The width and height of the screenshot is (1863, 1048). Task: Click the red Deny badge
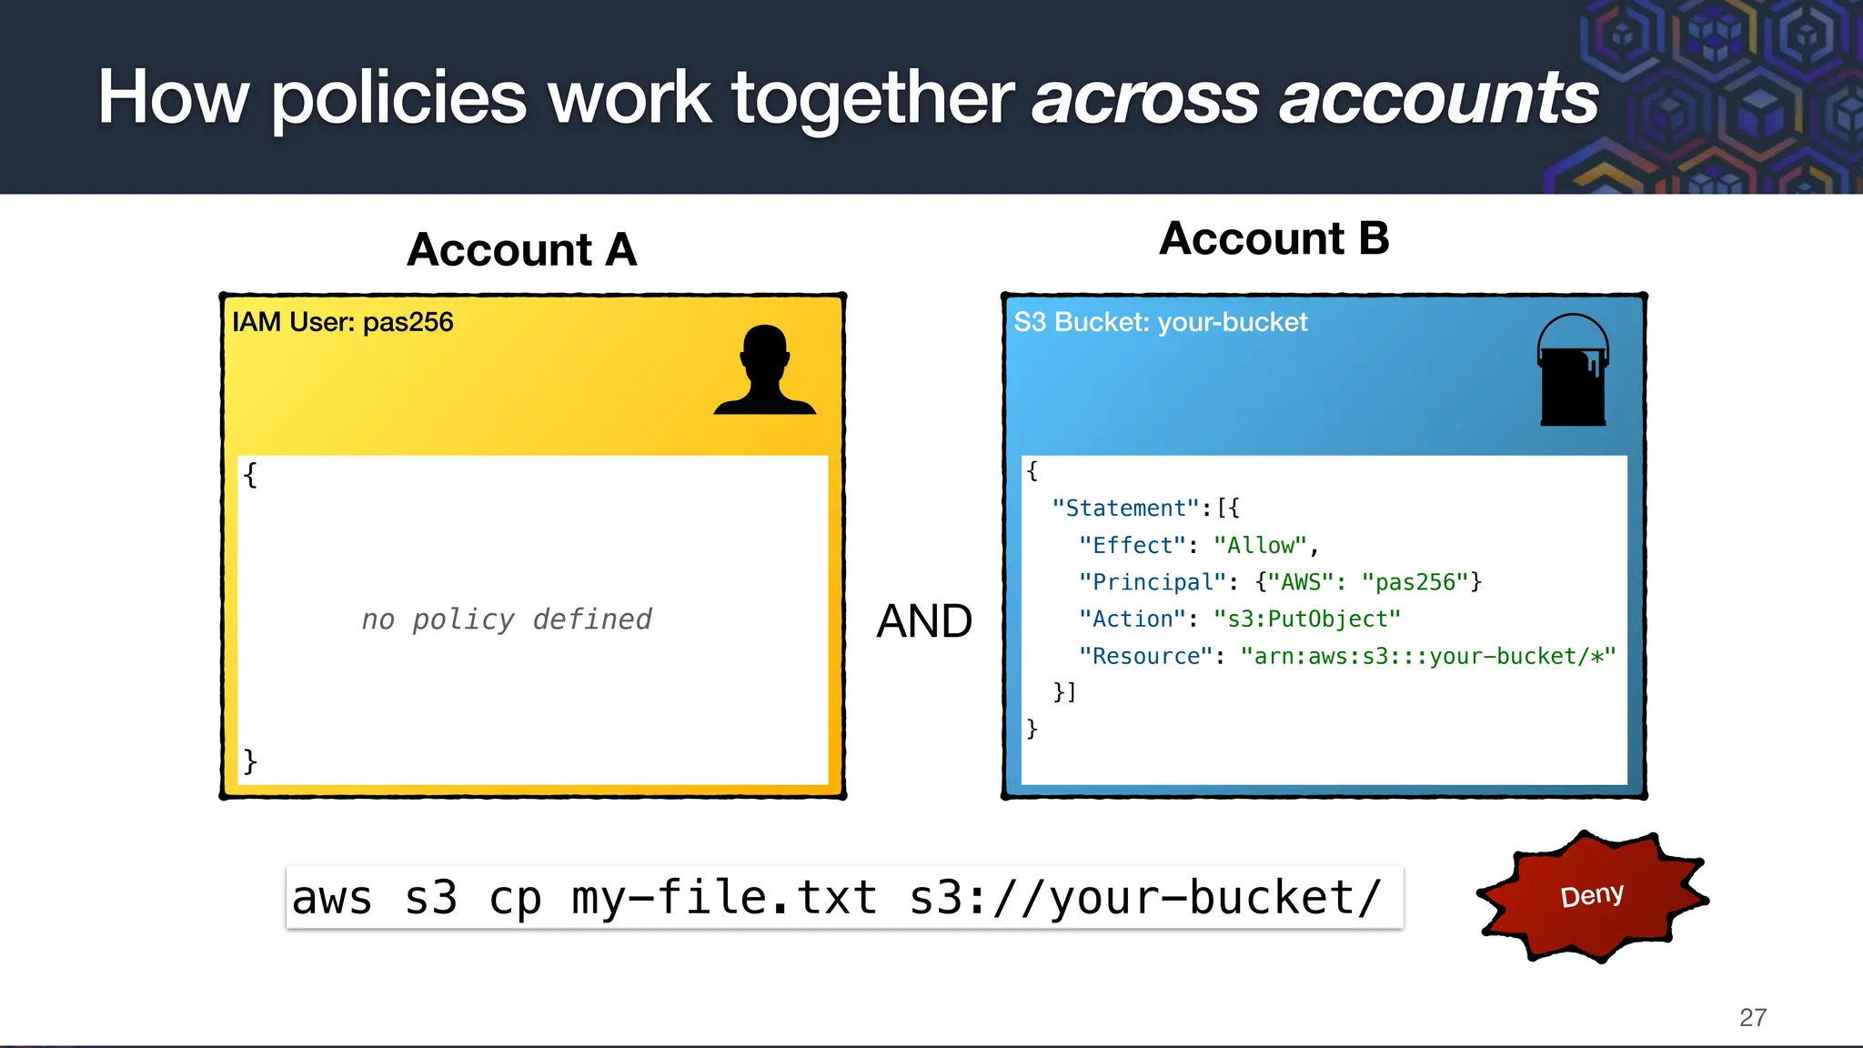[x=1592, y=896]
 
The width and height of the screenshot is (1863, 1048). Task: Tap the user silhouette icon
[x=764, y=371]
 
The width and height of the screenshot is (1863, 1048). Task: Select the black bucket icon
[x=1573, y=371]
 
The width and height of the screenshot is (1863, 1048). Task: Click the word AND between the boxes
[x=924, y=621]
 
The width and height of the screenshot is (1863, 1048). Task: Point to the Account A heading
[x=521, y=249]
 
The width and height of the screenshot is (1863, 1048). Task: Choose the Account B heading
[x=1274, y=238]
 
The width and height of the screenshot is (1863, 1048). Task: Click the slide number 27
[x=1752, y=1017]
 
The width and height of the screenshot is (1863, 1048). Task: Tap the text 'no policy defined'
[x=507, y=620]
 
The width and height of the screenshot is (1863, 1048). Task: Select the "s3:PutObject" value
[x=1307, y=620]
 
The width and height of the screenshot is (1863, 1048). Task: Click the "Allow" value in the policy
[x=1261, y=546]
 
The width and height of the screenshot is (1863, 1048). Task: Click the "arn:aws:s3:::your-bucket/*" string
[x=1428, y=656]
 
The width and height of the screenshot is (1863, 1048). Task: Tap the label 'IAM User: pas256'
[x=342, y=322]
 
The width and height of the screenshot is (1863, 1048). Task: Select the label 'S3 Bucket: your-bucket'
[x=1160, y=322]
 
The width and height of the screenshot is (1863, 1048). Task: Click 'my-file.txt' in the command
[x=724, y=898]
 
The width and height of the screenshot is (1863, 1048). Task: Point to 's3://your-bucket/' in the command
[x=1145, y=898]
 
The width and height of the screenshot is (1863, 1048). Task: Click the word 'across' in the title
[x=1145, y=98]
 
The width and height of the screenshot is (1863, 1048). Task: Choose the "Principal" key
[x=1146, y=582]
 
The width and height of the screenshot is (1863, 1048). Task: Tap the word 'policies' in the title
[x=398, y=98]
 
